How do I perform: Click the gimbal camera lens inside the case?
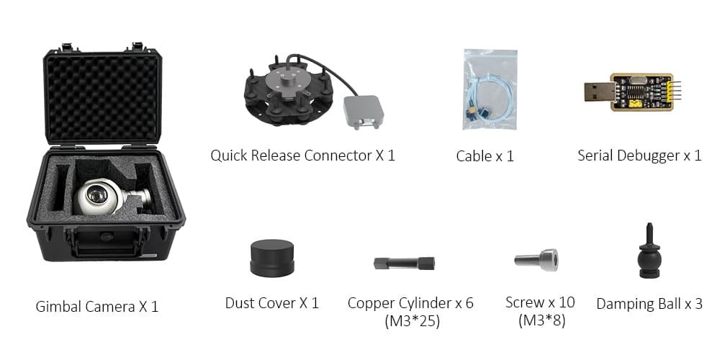click(x=96, y=195)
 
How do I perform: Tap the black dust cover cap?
click(x=272, y=258)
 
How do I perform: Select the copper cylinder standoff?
click(x=404, y=263)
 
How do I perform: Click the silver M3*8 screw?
click(x=536, y=260)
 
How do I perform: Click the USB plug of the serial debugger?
click(x=599, y=92)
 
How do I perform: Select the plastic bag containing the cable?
click(x=490, y=89)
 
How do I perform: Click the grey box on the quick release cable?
click(x=364, y=112)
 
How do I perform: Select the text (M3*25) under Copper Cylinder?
click(x=412, y=321)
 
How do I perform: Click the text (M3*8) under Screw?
click(x=542, y=320)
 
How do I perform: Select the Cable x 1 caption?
click(x=484, y=156)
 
